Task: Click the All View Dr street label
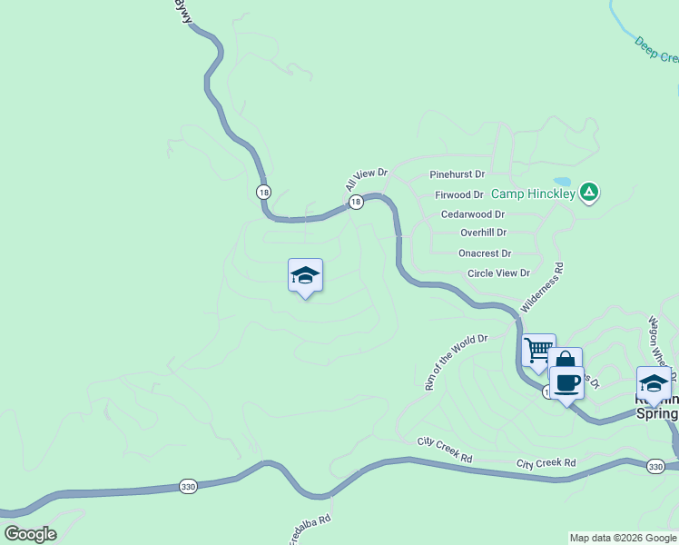point(366,179)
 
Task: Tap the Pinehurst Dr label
point(458,174)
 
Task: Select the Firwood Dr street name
point(459,194)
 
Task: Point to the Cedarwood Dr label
point(472,214)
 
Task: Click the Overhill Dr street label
point(483,233)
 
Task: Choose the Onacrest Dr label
point(485,253)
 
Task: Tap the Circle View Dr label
point(498,272)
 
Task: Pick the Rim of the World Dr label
point(457,362)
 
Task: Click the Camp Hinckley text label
point(534,193)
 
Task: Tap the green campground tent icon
point(589,192)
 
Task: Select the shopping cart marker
point(538,349)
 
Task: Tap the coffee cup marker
point(567,382)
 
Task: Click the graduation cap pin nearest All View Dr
point(306,275)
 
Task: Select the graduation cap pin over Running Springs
point(654,382)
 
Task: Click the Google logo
point(30,534)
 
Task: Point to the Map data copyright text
point(623,538)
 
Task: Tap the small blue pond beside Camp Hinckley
point(561,182)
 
